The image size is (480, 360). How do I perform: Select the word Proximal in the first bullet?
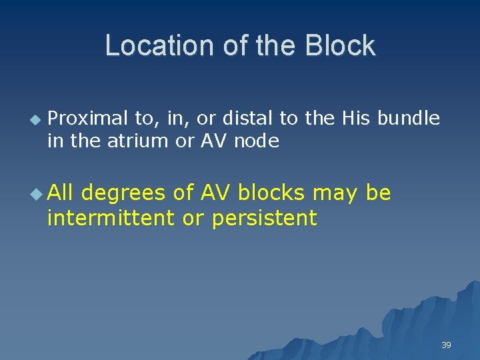(89, 119)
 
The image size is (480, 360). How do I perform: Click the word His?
(357, 119)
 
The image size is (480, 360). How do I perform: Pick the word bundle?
(409, 119)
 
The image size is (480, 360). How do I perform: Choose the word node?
(257, 141)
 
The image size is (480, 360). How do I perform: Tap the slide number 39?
(446, 345)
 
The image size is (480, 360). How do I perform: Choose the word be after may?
(379, 193)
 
